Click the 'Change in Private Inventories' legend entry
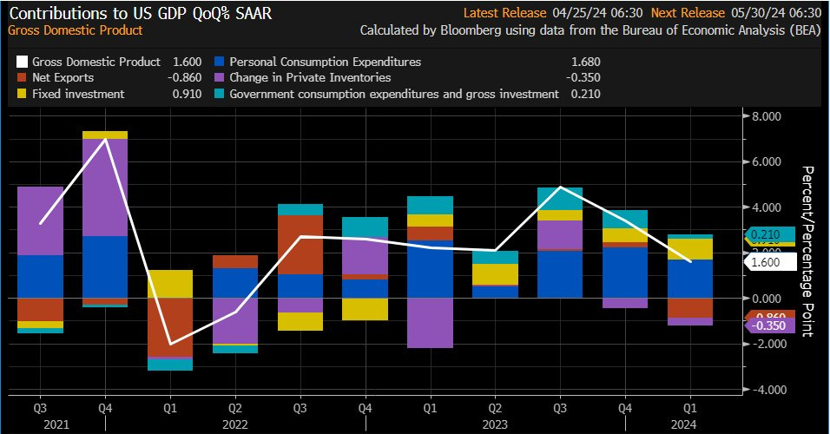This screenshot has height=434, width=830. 308,78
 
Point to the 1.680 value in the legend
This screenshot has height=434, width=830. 586,62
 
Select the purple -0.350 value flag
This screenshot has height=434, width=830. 769,325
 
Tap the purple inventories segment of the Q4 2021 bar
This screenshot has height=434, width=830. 106,187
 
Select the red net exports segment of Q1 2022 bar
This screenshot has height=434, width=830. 170,327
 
